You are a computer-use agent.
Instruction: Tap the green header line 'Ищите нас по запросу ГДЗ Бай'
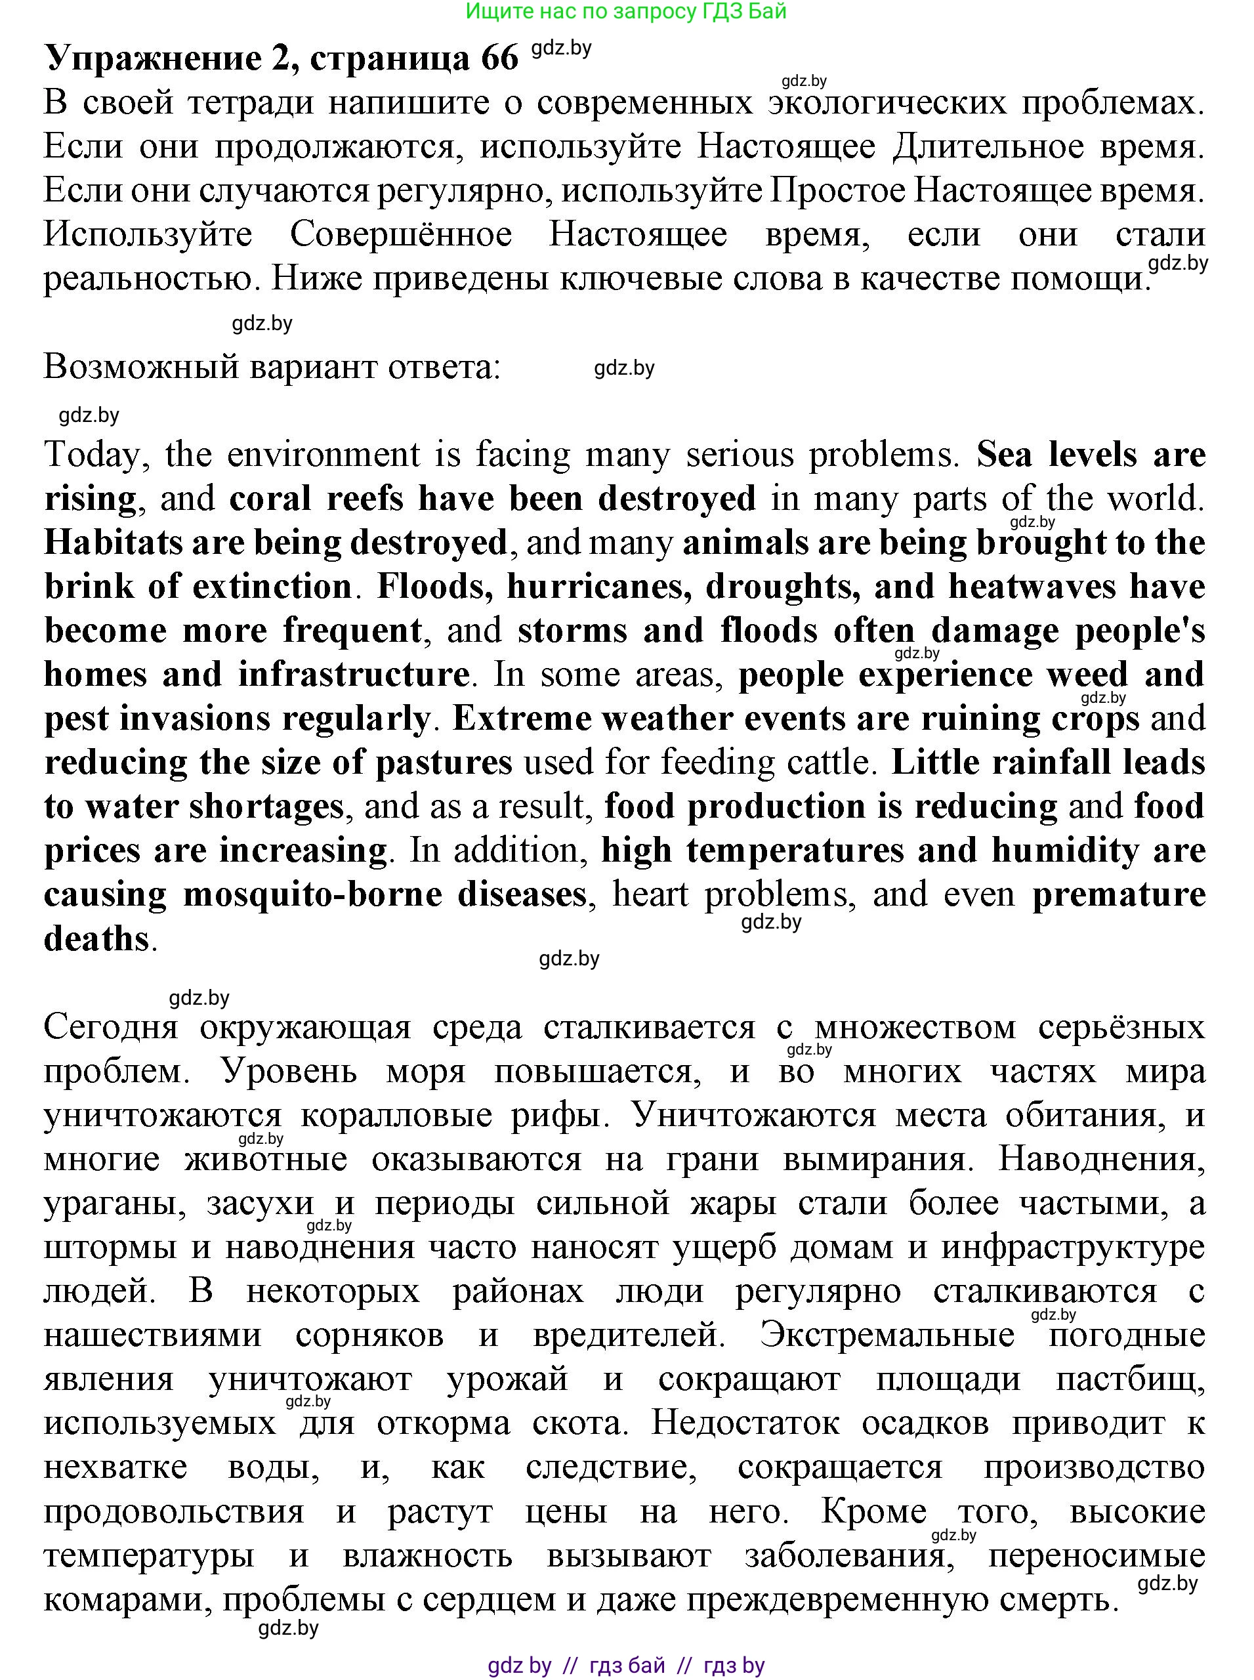pos(625,11)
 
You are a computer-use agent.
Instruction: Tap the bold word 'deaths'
pos(96,940)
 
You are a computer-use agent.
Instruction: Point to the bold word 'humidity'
pos(1065,852)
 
